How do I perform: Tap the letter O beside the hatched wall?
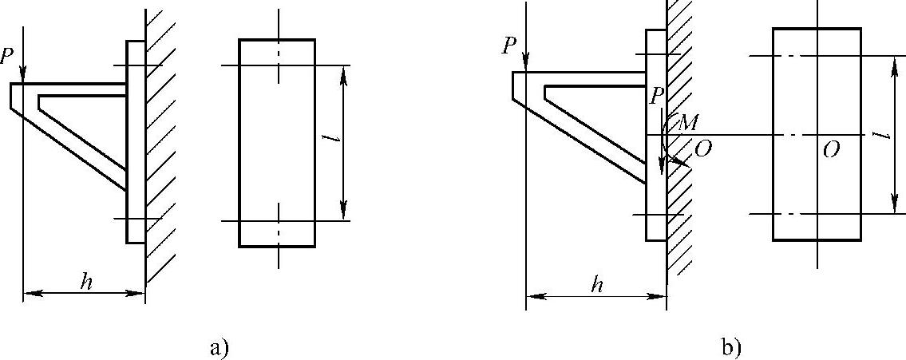coord(703,149)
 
